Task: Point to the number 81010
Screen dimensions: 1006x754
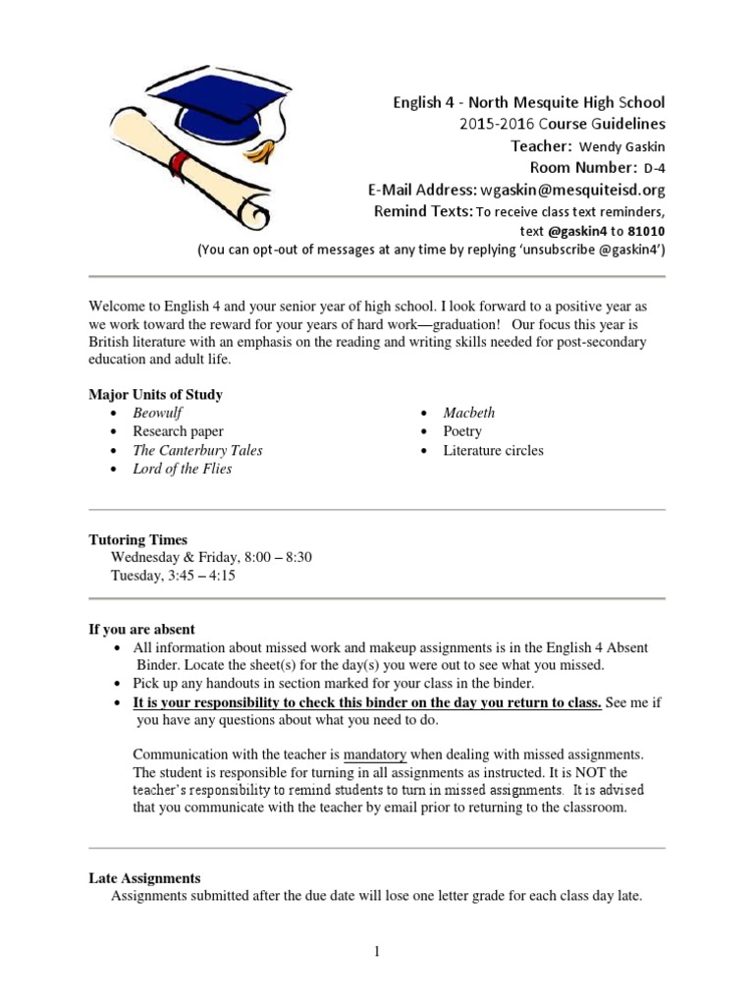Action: (641, 230)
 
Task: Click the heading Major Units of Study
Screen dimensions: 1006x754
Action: (155, 395)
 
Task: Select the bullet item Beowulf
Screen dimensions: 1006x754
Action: (158, 413)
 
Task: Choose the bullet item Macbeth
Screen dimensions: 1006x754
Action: (469, 413)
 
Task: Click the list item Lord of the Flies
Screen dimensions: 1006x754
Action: (183, 469)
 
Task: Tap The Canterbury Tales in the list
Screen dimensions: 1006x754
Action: (197, 450)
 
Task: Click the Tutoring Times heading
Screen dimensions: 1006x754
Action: (137, 540)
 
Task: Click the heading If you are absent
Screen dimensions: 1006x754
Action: (141, 629)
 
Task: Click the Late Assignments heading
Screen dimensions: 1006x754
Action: (144, 878)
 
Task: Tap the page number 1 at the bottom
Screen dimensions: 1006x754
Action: (377, 952)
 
